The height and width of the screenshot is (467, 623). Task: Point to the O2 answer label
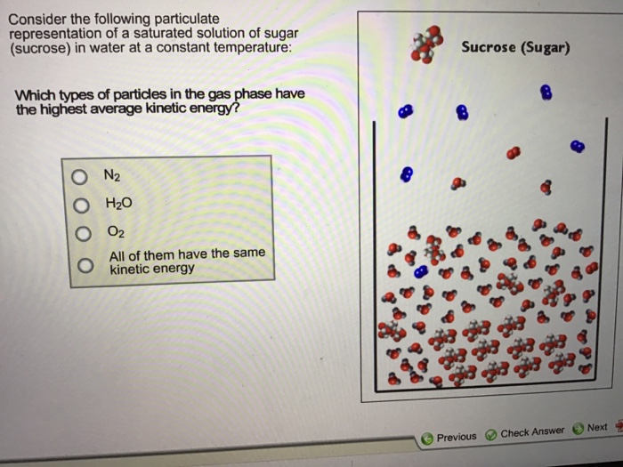point(115,232)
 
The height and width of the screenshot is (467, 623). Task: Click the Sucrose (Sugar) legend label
point(515,47)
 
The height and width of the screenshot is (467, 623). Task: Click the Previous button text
point(457,437)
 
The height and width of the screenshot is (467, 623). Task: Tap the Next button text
point(597,428)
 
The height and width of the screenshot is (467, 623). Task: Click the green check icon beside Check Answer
point(490,436)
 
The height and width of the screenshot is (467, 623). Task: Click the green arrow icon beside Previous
point(428,438)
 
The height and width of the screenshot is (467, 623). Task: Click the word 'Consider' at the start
point(35,18)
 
